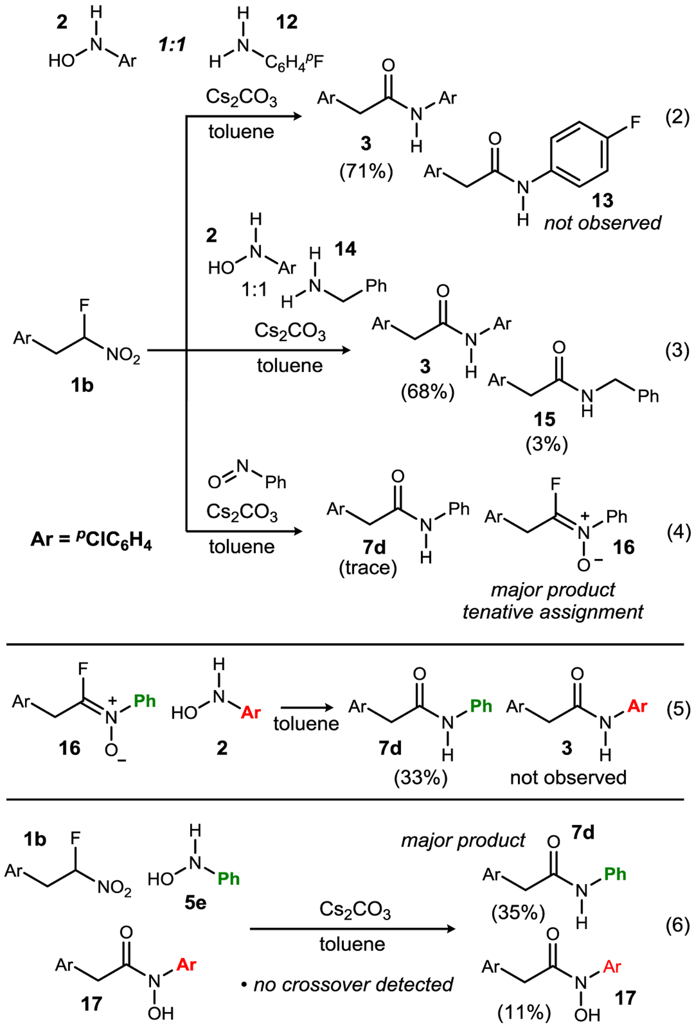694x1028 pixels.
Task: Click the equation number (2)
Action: tap(677, 117)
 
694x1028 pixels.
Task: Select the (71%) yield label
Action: tap(366, 171)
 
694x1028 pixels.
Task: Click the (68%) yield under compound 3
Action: tap(427, 391)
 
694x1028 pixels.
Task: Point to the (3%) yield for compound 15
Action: tap(546, 444)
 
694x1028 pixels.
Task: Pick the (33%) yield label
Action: tap(420, 777)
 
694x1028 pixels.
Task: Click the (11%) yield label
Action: tap(524, 1012)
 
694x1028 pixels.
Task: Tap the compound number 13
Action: tap(602, 200)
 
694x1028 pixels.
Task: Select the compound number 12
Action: tap(286, 22)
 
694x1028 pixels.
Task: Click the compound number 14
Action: tap(345, 248)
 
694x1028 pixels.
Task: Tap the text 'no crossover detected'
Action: tap(353, 984)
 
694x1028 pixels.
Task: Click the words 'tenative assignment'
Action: tap(553, 611)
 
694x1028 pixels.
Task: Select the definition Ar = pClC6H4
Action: tap(91, 539)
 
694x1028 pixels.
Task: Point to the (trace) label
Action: tap(368, 568)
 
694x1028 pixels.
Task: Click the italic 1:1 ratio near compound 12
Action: tap(172, 45)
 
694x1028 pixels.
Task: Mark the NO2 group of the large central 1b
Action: tap(123, 354)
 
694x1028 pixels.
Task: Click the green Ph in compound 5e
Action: tap(229, 879)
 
